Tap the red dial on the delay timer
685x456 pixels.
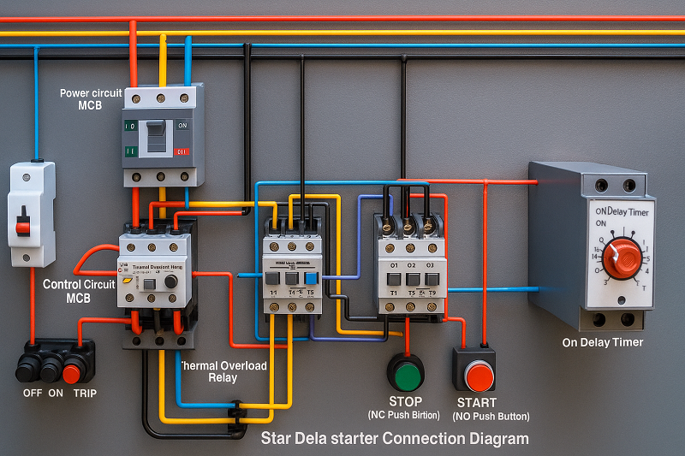pyautogui.click(x=622, y=258)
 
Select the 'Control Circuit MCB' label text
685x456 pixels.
pyautogui.click(x=78, y=291)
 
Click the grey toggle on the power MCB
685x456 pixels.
pyautogui.click(x=156, y=135)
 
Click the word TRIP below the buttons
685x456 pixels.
pyautogui.click(x=85, y=393)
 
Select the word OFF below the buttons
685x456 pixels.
pyautogui.click(x=33, y=393)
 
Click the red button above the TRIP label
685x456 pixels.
pyautogui.click(x=73, y=373)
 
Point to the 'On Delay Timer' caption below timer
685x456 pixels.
pyautogui.click(x=602, y=342)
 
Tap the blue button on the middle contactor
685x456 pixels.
pyautogui.click(x=311, y=278)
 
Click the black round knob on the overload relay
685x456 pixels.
pyautogui.click(x=170, y=281)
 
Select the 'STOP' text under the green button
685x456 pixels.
pyautogui.click(x=405, y=401)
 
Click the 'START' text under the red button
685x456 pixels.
pyautogui.click(x=477, y=402)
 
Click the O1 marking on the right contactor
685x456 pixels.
pyautogui.click(x=394, y=264)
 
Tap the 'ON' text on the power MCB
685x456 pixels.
pyautogui.click(x=182, y=125)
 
